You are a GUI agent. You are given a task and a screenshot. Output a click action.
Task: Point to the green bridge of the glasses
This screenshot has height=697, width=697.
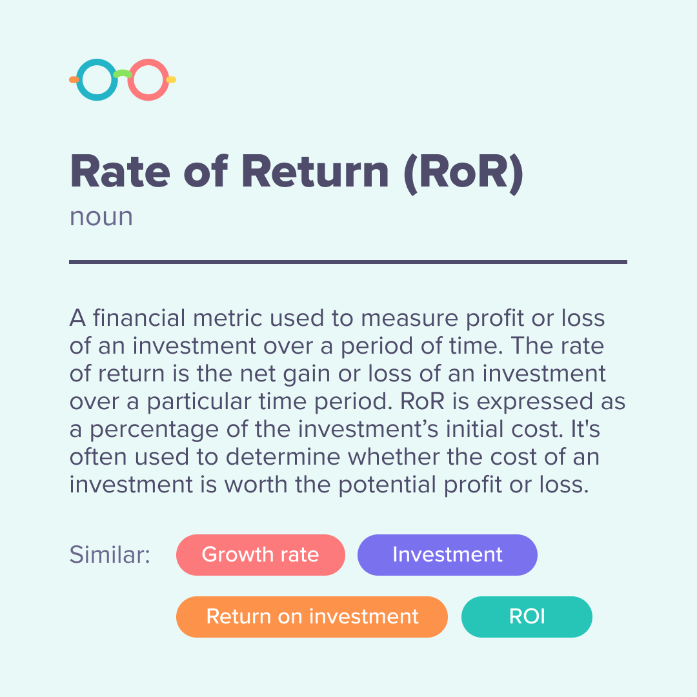[122, 74]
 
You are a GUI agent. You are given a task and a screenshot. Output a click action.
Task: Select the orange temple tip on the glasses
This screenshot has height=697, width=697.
[74, 79]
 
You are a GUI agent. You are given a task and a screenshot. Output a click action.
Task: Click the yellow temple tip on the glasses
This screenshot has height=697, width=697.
[171, 79]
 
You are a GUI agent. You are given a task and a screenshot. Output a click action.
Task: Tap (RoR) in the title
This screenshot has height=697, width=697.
[463, 172]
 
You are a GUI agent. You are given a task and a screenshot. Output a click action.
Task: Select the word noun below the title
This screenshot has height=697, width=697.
[101, 216]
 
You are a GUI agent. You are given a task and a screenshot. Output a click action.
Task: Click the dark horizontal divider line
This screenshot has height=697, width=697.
[348, 262]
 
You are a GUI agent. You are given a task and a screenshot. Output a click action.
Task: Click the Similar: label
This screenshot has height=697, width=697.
[110, 555]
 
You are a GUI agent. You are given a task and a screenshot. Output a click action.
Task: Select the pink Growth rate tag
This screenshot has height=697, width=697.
[260, 555]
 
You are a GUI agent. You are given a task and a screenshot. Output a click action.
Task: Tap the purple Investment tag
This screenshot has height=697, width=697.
[447, 555]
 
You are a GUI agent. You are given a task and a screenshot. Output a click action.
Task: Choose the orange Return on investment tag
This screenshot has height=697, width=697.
[312, 616]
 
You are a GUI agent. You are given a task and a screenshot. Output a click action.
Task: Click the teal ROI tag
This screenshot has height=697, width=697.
[527, 616]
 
